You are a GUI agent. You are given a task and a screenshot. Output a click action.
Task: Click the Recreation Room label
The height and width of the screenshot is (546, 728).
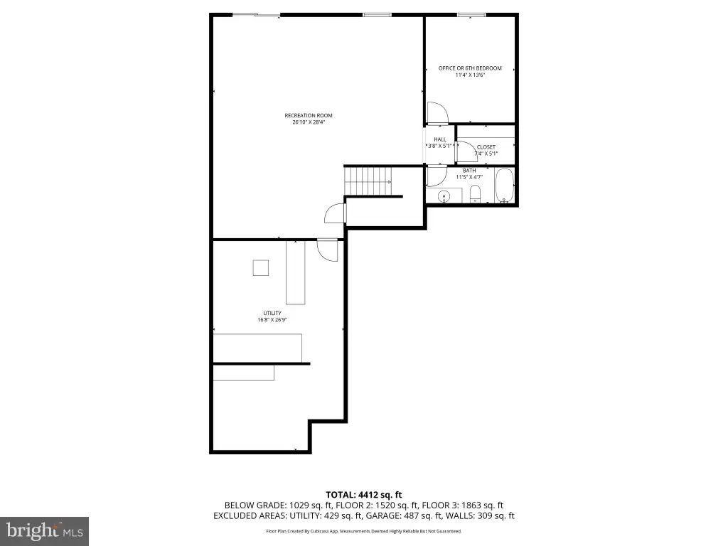pos(309,116)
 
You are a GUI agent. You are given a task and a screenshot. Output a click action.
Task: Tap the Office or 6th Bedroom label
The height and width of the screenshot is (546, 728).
pos(470,68)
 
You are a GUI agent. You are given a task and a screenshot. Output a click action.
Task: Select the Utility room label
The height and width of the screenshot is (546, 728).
pos(272,314)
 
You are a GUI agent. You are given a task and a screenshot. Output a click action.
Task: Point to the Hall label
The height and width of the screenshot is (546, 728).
pos(440,139)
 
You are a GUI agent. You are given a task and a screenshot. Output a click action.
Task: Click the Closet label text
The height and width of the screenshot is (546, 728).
pos(486,147)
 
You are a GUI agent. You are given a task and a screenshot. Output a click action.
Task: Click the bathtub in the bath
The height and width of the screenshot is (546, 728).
pos(504,186)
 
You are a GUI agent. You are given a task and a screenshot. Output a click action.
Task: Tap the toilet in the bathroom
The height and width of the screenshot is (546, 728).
pos(475,194)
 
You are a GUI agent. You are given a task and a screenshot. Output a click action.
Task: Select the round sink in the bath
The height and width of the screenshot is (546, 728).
pos(444,196)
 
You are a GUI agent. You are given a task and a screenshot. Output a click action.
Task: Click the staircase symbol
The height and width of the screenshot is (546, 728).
pos(368,181)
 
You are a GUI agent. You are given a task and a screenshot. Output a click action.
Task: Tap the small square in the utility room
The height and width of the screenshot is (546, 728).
pos(260,268)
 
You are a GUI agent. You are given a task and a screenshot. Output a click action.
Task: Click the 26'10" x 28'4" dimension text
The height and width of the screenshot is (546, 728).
pos(309,122)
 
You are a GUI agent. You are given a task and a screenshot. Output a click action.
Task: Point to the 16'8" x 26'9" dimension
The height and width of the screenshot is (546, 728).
pos(272,320)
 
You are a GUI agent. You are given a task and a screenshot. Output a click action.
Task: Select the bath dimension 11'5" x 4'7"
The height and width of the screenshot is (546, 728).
pos(469,177)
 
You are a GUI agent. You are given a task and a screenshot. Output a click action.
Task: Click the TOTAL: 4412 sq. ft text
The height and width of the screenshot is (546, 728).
pos(363,495)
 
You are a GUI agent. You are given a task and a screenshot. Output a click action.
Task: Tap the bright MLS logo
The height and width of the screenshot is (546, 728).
pos(45,531)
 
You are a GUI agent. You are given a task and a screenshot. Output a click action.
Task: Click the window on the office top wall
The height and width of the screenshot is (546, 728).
pos(472,15)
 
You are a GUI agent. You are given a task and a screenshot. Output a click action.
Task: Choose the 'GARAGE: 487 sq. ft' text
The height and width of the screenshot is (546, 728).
pos(404,516)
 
